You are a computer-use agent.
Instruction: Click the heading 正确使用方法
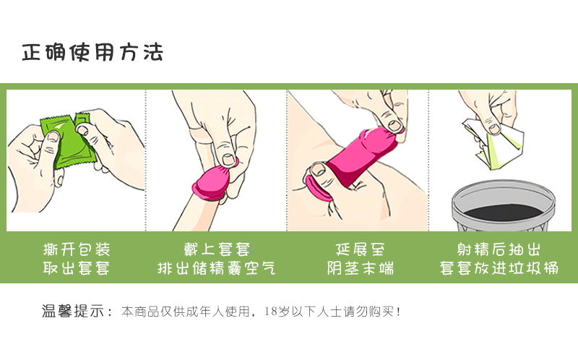coord(92,53)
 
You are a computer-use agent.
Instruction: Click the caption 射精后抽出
coord(499,250)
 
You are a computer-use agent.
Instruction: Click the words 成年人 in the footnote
coord(194,312)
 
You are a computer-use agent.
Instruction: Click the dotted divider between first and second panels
coord(146,159)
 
